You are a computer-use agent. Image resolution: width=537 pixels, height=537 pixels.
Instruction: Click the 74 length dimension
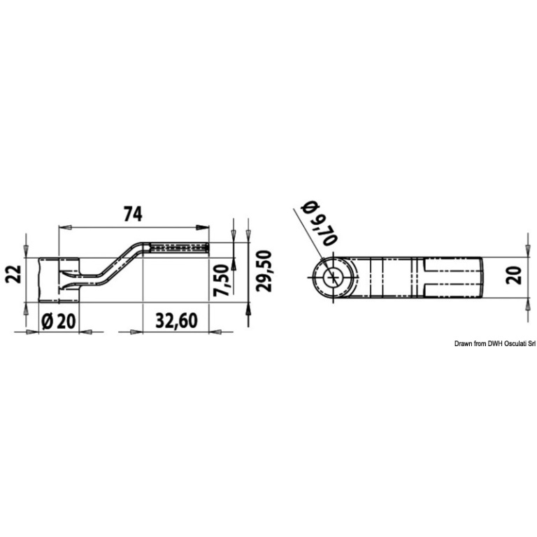(x=133, y=215)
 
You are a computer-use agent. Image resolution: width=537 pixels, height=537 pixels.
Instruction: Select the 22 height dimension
(x=15, y=274)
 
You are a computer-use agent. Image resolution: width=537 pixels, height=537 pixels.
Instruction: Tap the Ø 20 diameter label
(x=58, y=322)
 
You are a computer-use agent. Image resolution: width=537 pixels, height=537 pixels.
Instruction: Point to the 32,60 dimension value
(x=176, y=321)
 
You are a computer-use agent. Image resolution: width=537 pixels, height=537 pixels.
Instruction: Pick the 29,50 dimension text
(x=264, y=271)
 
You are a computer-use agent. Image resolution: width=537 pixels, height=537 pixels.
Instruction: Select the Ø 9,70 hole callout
(x=319, y=223)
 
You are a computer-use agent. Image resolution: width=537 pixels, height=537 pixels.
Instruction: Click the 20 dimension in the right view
(x=514, y=275)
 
